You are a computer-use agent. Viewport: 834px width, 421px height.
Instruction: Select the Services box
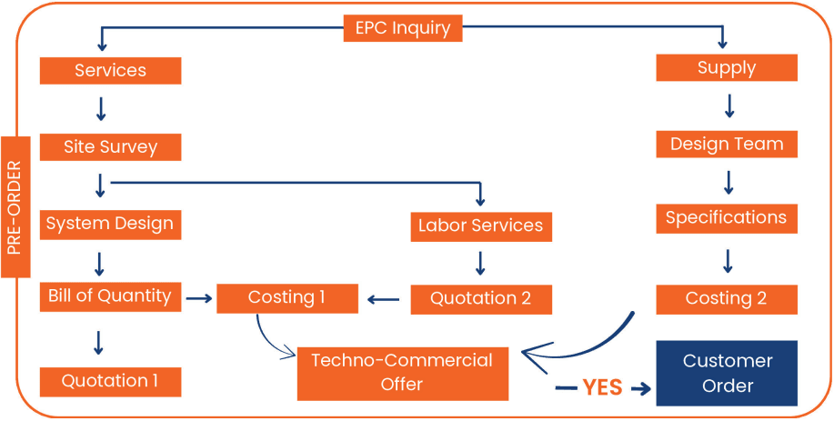pos(110,70)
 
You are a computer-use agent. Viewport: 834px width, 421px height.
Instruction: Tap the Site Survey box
pos(110,146)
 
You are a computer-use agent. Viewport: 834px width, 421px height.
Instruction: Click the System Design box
pos(110,224)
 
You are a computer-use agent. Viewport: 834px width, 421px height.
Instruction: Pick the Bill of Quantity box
pos(110,296)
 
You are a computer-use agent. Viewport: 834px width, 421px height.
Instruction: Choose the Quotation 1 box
pos(110,381)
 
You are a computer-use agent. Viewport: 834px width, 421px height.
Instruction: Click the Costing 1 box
pos(286,297)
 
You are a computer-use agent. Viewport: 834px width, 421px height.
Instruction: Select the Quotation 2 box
pos(480,298)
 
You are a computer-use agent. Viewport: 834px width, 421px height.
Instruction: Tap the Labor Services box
pos(480,226)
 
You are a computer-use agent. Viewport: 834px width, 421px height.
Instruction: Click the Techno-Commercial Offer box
pos(402,372)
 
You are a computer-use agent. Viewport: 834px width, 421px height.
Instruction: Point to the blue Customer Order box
pos(727,373)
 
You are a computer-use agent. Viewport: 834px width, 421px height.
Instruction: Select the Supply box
pos(727,67)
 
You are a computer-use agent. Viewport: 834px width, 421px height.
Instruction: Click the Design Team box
pos(727,144)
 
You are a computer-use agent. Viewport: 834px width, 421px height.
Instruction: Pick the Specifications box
pos(727,218)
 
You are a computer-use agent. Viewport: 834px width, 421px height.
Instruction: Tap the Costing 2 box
pos(727,299)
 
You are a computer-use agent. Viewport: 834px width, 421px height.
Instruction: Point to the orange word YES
pos(602,388)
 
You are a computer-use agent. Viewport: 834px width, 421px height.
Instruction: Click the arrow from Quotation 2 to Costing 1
pos(383,297)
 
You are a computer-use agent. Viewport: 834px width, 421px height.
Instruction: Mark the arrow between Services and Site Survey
pos(101,109)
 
